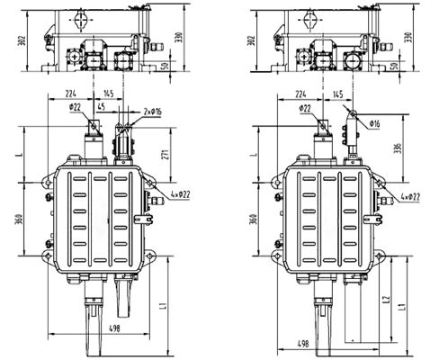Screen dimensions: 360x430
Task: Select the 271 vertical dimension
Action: click(165, 154)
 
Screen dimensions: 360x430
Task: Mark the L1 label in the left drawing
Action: click(163, 306)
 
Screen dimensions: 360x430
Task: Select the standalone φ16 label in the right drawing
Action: click(372, 121)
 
